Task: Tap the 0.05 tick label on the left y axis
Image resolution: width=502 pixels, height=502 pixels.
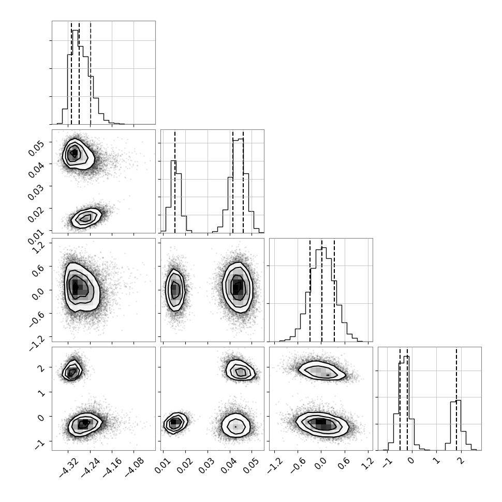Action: [36, 148]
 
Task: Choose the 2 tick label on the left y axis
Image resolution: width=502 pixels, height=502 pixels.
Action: [42, 368]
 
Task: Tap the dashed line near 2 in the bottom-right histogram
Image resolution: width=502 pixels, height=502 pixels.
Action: [456, 398]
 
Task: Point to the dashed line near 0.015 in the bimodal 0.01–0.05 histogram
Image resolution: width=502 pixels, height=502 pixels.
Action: [175, 181]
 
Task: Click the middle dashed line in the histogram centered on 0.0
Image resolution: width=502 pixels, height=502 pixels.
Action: [322, 290]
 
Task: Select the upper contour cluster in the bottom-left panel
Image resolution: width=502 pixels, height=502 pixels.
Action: [72, 371]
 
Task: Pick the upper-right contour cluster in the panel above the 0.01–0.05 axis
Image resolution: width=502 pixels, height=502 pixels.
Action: [240, 370]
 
